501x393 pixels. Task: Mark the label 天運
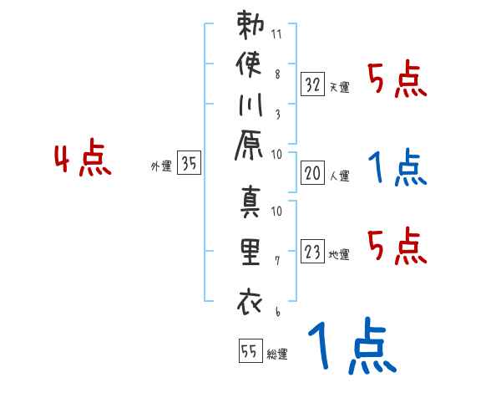coord(339,87)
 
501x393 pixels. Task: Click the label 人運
coord(339,176)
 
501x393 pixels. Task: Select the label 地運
coord(339,253)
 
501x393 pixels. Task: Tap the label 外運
coord(161,166)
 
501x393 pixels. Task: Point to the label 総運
coord(277,355)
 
